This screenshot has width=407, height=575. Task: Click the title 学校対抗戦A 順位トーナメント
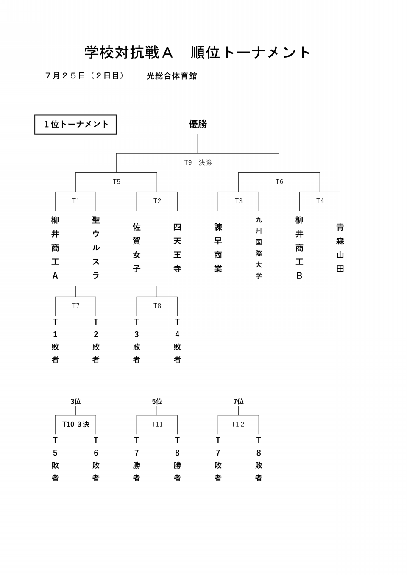pos(197,53)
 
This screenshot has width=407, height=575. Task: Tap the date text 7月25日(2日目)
pos(85,76)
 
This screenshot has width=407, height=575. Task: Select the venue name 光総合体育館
pos(172,76)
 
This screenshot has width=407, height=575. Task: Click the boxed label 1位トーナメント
pos(75,125)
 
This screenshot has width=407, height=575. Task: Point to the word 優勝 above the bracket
pos(198,124)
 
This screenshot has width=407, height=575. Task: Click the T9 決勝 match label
pos(198,162)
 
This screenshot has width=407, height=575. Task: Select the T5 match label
pos(116,182)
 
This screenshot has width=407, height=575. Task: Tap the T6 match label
pos(279,182)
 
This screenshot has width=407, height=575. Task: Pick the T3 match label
pos(239,201)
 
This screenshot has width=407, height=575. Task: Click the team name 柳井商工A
pos(55,248)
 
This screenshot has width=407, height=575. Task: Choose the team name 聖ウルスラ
pos(96,248)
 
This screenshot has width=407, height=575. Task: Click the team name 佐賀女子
pos(137,248)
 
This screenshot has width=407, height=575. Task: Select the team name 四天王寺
pos(177,248)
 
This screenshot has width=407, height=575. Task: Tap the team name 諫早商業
pos(218,248)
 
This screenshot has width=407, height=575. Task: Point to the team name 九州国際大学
pos(259,248)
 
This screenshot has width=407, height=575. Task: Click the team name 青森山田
pos(340,248)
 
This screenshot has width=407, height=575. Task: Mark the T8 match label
pos(157,306)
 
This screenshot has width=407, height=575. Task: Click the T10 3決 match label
pos(76,424)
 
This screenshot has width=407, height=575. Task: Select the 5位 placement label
pos(157,401)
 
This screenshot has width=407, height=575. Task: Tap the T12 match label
pos(238,424)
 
